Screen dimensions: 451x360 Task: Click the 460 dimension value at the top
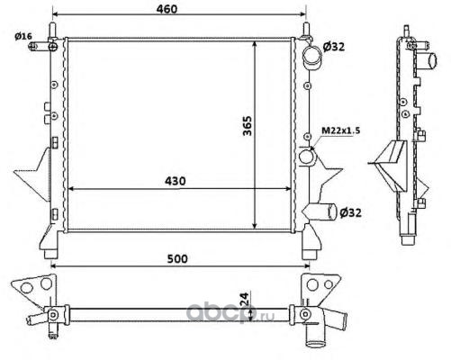coord(167,9)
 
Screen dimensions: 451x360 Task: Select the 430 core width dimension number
coord(176,181)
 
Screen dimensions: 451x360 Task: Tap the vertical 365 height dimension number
coord(248,125)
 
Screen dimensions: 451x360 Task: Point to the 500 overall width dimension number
coord(177,258)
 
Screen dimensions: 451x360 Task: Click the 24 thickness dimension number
coord(245,299)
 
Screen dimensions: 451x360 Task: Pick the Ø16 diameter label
coord(23,36)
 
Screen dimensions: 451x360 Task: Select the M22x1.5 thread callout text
coord(332,130)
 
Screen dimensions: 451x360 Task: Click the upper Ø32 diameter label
coord(334,47)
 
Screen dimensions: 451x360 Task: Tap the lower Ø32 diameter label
coord(350,212)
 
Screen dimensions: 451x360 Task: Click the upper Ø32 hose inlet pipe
coord(312,57)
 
